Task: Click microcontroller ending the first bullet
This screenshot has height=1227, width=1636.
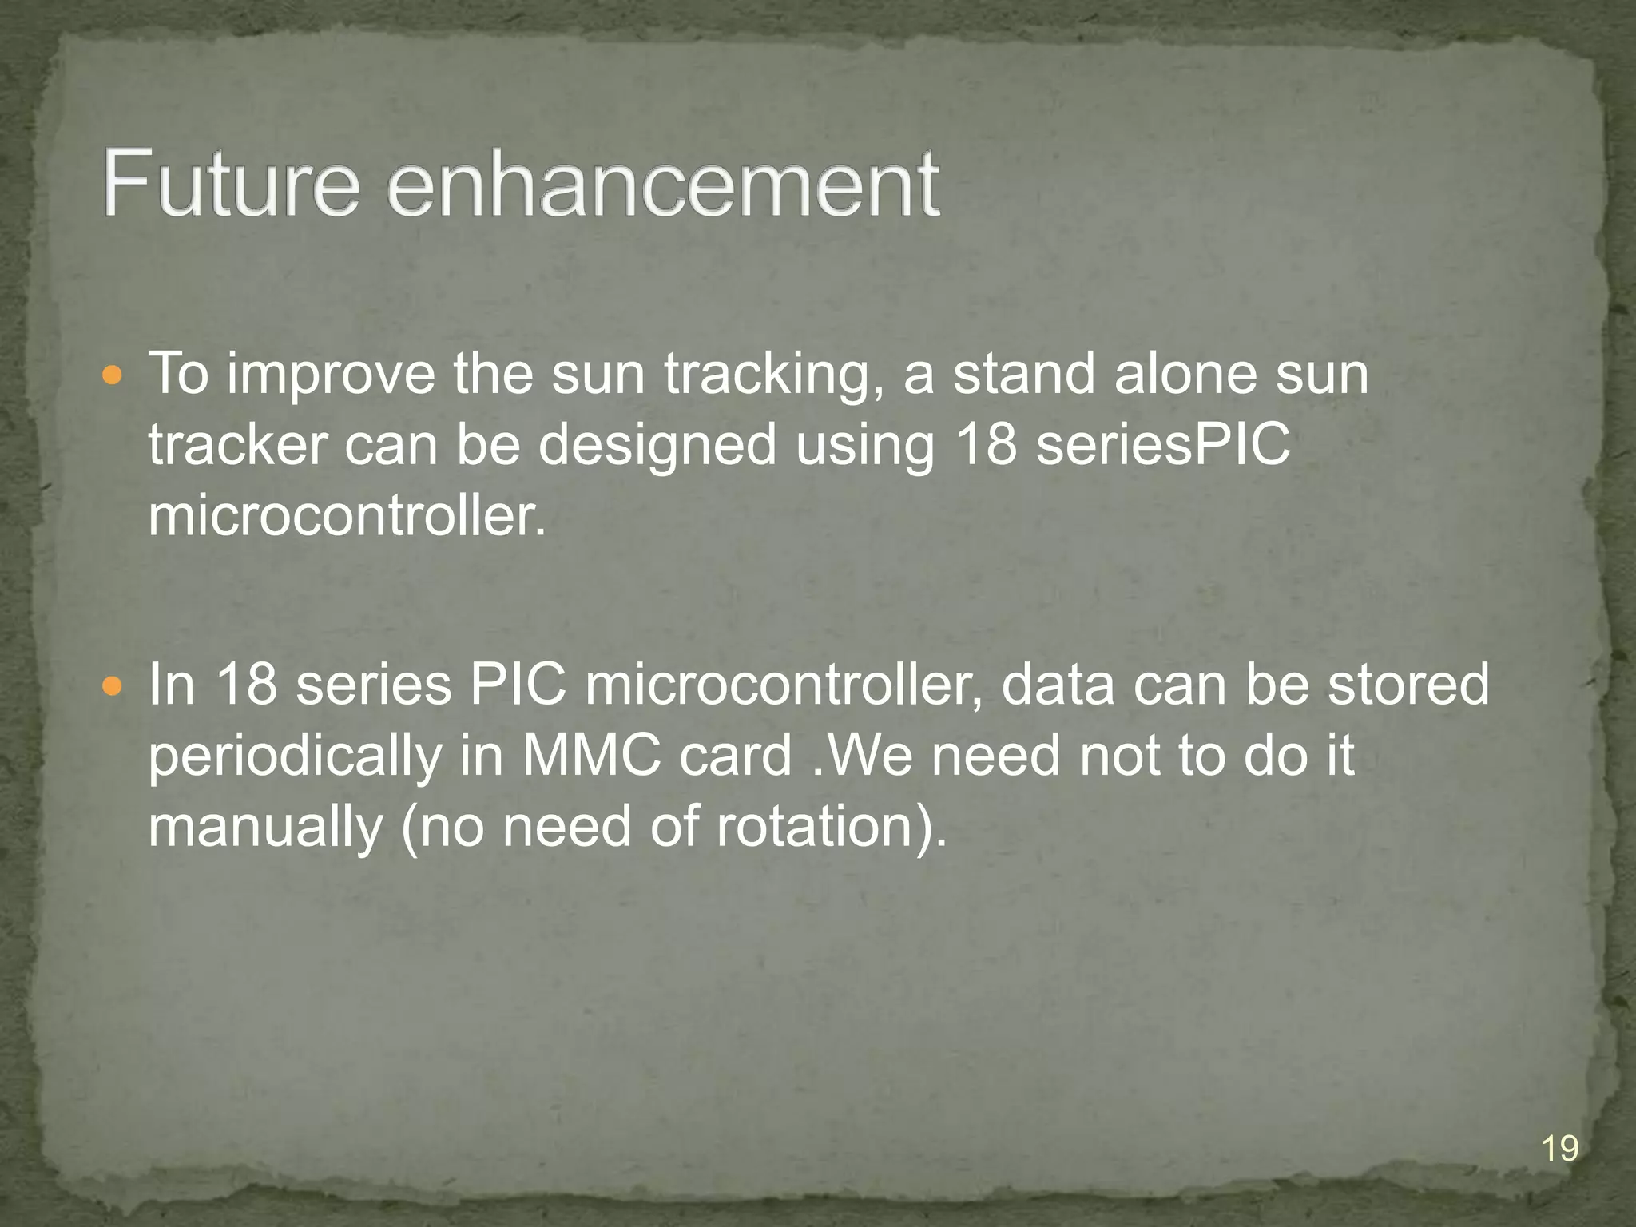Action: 347,516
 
